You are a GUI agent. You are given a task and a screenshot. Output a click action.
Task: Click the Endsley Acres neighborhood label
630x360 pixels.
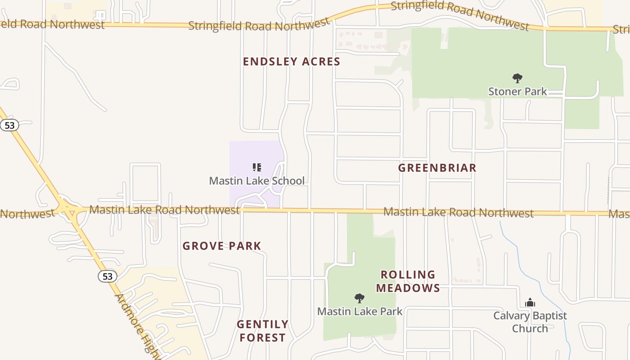pyautogui.click(x=291, y=62)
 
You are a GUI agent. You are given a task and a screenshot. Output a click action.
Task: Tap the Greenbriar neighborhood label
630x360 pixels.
pyautogui.click(x=437, y=168)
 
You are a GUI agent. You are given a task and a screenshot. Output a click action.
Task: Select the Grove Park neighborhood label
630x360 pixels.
pyautogui.click(x=221, y=246)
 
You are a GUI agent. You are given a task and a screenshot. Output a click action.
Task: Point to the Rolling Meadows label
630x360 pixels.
pyautogui.click(x=408, y=281)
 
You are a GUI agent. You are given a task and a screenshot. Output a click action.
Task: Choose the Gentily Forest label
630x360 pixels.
pyautogui.click(x=262, y=331)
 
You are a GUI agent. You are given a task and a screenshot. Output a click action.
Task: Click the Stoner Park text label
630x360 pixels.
pyautogui.click(x=517, y=91)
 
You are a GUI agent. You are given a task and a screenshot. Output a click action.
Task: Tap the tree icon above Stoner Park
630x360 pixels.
pyautogui.click(x=517, y=78)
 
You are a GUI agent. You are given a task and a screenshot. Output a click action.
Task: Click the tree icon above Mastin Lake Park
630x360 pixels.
pyautogui.click(x=359, y=298)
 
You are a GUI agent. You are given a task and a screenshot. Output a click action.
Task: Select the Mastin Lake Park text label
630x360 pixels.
pyautogui.click(x=360, y=311)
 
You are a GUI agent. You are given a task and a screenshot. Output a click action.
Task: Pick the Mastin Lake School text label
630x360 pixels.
pyautogui.click(x=256, y=181)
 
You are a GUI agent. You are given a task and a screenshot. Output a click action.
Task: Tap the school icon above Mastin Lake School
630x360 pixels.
pyautogui.click(x=257, y=168)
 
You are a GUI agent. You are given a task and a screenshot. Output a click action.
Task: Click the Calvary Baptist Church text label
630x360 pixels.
pyautogui.click(x=530, y=322)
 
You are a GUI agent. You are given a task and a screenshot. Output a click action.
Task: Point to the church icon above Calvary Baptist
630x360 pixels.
pyautogui.click(x=530, y=302)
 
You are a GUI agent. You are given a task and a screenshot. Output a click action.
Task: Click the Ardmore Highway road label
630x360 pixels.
pyautogui.click(x=137, y=326)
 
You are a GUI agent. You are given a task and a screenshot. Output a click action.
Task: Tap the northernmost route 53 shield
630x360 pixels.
pyautogui.click(x=9, y=125)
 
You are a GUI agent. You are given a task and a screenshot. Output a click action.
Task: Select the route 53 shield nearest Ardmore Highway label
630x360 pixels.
pyautogui.click(x=107, y=276)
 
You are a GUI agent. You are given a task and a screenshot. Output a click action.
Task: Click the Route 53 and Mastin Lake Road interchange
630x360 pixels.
pyautogui.click(x=67, y=209)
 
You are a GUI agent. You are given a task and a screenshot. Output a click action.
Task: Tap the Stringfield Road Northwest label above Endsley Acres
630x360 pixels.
pyautogui.click(x=258, y=25)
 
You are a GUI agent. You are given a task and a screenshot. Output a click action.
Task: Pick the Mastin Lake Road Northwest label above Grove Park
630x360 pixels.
pyautogui.click(x=164, y=210)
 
